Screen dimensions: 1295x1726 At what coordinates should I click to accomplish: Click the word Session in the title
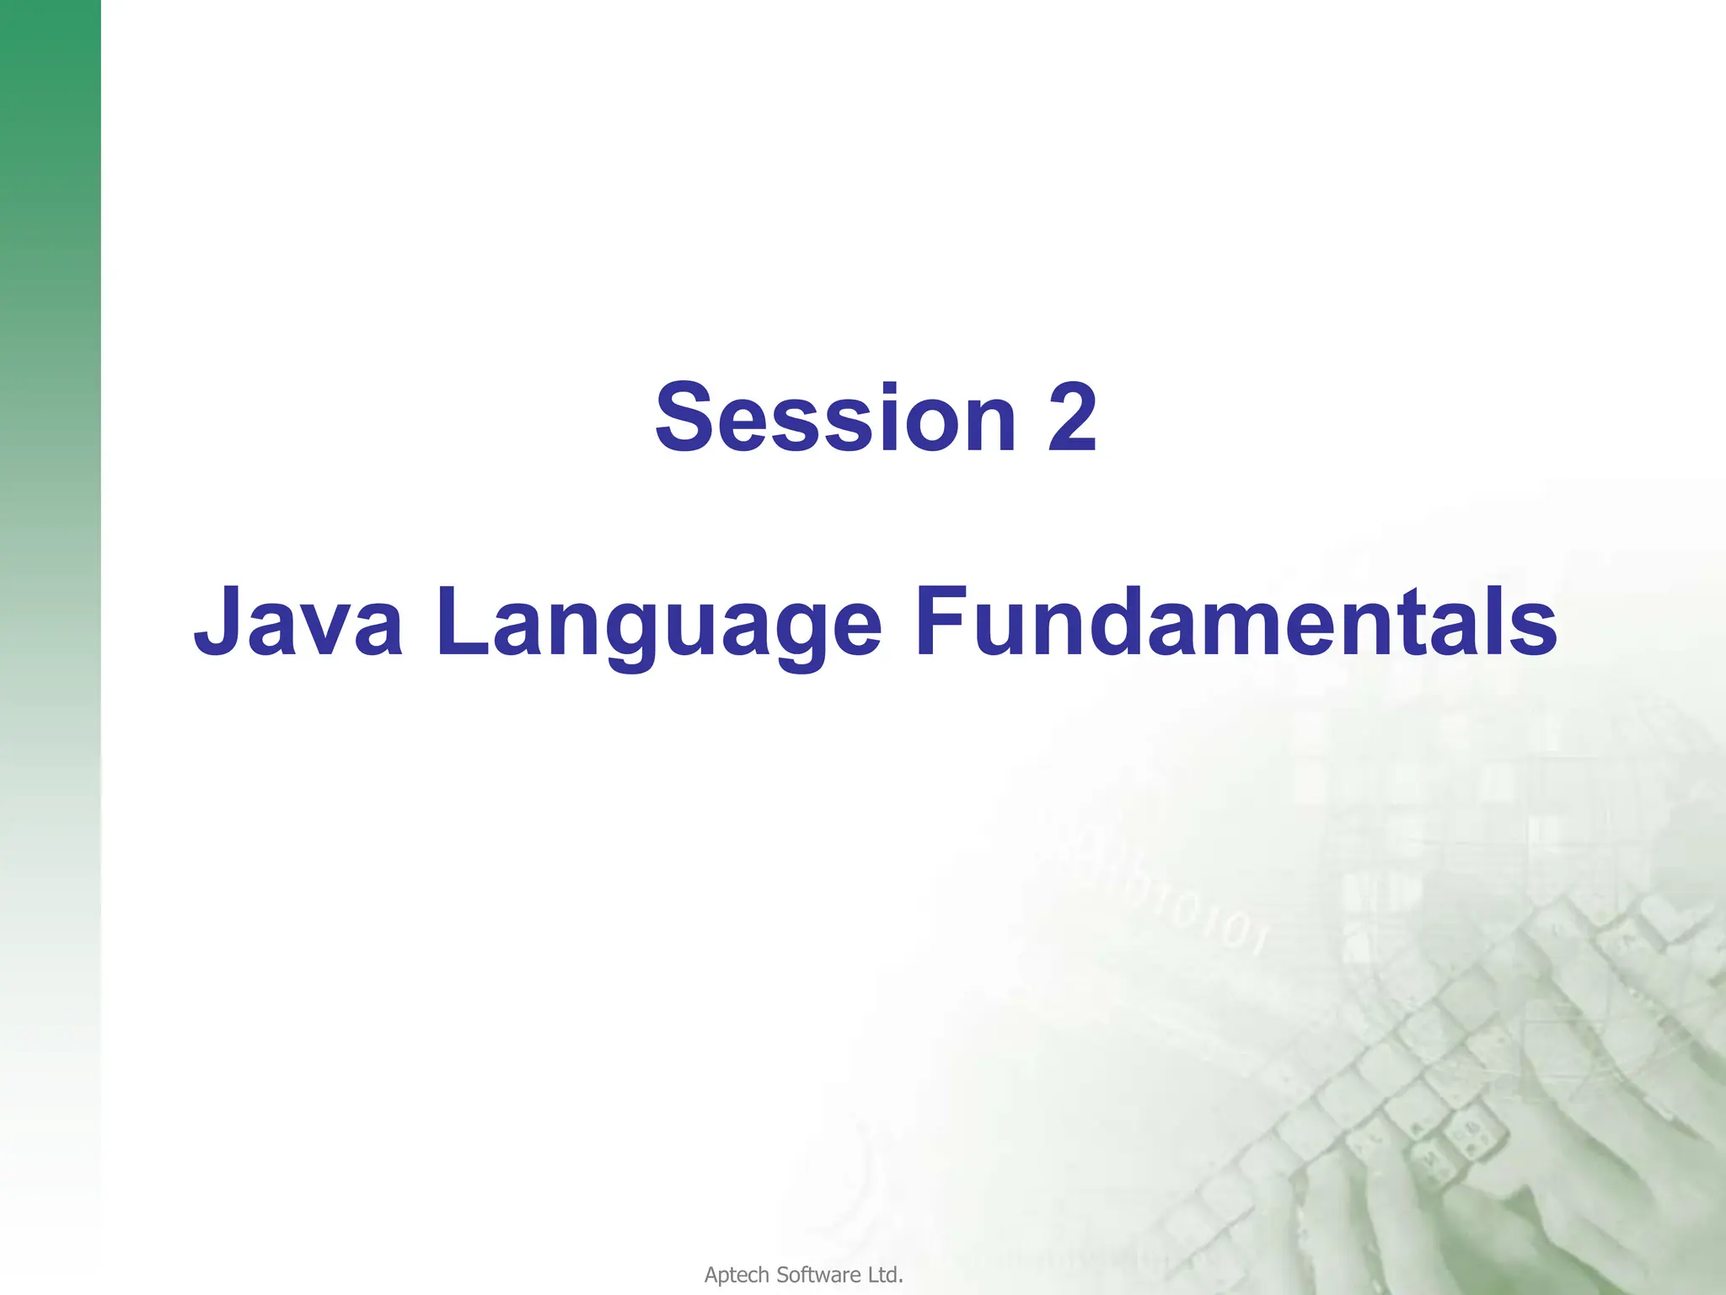click(x=834, y=418)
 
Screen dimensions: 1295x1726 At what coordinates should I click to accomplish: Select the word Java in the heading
click(x=298, y=621)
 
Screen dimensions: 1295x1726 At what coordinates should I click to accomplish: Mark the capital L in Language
click(x=462, y=621)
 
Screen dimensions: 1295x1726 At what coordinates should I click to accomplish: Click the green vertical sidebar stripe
click(x=50, y=422)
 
